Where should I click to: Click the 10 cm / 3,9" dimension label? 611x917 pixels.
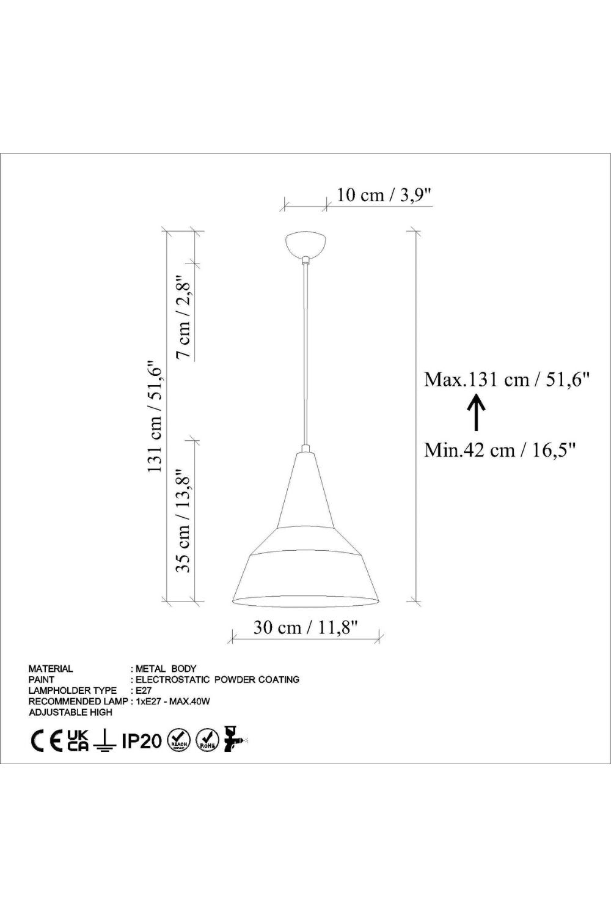384,195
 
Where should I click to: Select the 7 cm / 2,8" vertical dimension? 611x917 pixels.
185,317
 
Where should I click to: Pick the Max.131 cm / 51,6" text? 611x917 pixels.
507,380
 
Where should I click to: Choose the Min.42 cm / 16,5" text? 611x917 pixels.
500,451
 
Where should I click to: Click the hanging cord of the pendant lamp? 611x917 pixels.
305,355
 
